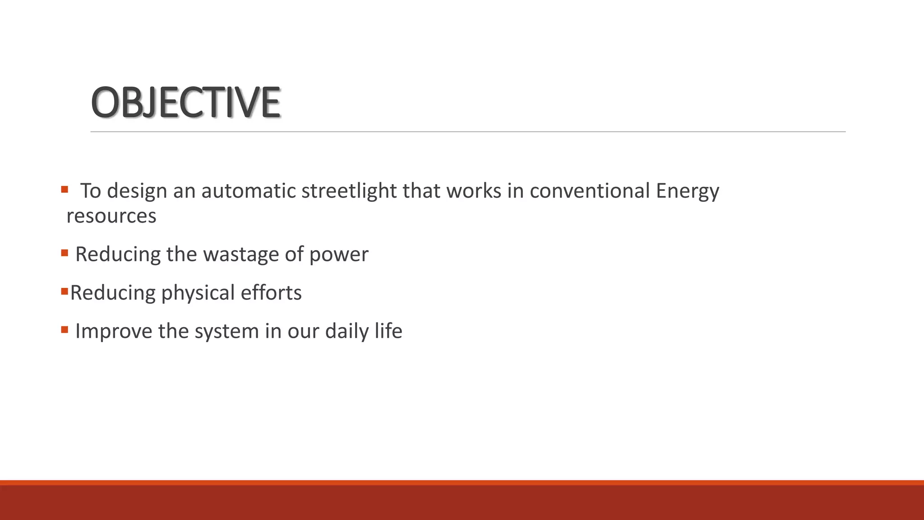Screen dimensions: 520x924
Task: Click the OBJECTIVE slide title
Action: pyautogui.click(x=185, y=102)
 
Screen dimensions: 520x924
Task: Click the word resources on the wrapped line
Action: pyautogui.click(x=111, y=216)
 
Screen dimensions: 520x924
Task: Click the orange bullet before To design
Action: pyautogui.click(x=65, y=189)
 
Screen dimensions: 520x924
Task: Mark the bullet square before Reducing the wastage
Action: pyautogui.click(x=65, y=253)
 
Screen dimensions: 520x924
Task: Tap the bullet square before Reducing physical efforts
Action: pyautogui.click(x=64, y=291)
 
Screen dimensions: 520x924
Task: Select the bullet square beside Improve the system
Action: pyautogui.click(x=65, y=330)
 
